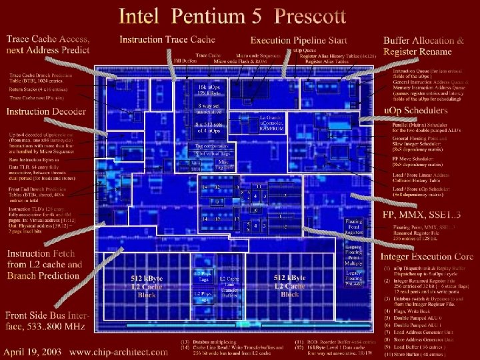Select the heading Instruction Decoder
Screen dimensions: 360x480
click(46, 111)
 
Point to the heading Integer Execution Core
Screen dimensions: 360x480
click(427, 257)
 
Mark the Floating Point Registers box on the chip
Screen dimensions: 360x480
click(354, 227)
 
